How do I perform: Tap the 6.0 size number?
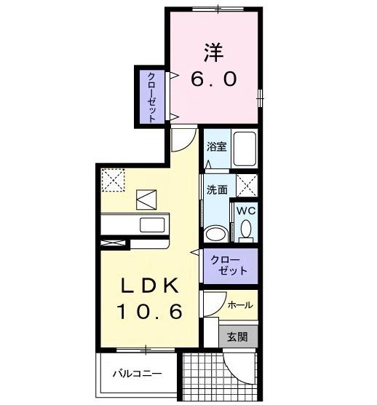click(213, 79)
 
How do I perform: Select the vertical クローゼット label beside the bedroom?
click(151, 95)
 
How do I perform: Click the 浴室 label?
click(216, 146)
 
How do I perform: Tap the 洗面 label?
click(216, 189)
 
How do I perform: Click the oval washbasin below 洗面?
click(215, 233)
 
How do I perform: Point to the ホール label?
click(240, 305)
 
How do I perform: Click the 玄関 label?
click(237, 337)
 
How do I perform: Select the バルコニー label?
click(137, 375)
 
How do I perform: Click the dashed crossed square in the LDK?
click(114, 179)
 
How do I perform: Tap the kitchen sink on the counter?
click(153, 224)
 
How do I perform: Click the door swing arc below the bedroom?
click(183, 138)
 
